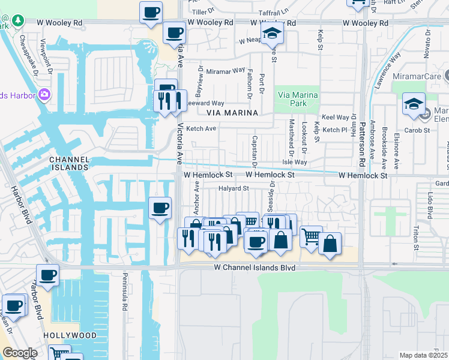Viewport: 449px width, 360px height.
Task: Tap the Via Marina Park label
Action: pyautogui.click(x=297, y=100)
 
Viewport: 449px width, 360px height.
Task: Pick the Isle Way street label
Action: pyautogui.click(x=295, y=163)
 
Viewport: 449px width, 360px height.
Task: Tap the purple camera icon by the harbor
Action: pyautogui.click(x=44, y=95)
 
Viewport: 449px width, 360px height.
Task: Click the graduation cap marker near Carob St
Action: pyautogui.click(x=414, y=104)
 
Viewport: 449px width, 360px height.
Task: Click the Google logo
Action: pyautogui.click(x=19, y=353)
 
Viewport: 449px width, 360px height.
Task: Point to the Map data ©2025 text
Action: pyautogui.click(x=424, y=355)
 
